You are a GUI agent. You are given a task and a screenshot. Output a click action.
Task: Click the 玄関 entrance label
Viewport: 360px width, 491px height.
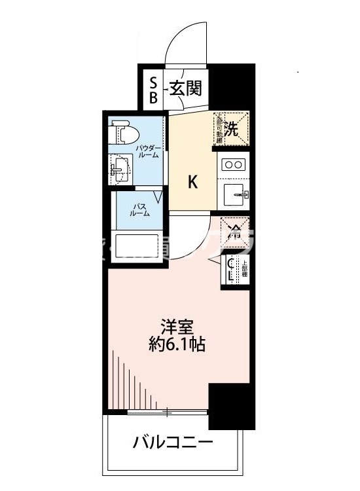186,88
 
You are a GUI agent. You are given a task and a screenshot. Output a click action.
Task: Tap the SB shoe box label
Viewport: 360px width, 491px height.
154,90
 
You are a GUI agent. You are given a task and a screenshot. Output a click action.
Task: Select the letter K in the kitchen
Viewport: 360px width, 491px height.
193,183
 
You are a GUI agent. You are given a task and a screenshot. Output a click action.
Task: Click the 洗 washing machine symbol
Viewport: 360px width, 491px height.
232,127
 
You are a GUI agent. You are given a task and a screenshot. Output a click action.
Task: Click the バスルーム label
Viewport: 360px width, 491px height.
139,210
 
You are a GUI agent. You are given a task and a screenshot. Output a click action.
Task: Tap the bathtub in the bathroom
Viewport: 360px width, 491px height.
138,247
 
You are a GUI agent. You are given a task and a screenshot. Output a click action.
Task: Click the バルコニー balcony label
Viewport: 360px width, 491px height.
173,443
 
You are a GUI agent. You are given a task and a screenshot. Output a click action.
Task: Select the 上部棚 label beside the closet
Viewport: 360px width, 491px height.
244,268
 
